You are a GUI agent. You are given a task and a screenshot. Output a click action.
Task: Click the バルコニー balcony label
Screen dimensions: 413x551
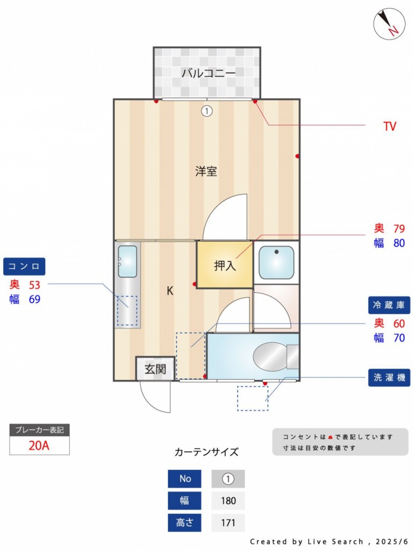(208, 73)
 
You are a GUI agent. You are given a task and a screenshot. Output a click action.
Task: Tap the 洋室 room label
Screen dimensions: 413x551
(206, 172)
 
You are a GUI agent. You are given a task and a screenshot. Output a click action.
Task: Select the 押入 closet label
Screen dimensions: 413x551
(225, 265)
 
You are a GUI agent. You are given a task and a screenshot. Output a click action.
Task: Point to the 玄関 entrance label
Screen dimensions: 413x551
(155, 369)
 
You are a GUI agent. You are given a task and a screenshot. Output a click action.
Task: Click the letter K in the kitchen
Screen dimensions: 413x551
(170, 291)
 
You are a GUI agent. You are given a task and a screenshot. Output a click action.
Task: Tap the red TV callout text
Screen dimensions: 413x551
(390, 126)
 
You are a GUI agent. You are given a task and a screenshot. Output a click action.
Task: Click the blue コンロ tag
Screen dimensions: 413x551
(24, 266)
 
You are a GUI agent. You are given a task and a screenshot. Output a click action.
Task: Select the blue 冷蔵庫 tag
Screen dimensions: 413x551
(389, 305)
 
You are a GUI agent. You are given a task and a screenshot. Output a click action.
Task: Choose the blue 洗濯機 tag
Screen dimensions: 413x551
(389, 378)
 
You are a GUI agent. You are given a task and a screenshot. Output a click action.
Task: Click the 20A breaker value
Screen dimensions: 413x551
(39, 446)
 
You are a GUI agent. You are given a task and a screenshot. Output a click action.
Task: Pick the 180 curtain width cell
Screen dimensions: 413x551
(228, 500)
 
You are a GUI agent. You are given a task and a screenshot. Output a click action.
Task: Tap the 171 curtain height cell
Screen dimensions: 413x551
(228, 522)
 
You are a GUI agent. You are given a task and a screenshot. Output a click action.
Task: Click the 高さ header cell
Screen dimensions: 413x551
(184, 522)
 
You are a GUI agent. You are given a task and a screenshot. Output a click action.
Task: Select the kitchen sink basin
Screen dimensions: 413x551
(127, 262)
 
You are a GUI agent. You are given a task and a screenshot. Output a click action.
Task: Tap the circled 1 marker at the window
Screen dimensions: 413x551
(207, 111)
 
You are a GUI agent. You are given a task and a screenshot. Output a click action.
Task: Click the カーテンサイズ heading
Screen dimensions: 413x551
(206, 451)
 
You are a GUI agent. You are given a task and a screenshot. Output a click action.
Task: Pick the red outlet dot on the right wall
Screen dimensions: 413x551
(297, 156)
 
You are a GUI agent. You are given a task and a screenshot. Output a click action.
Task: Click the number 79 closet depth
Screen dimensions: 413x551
(399, 228)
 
